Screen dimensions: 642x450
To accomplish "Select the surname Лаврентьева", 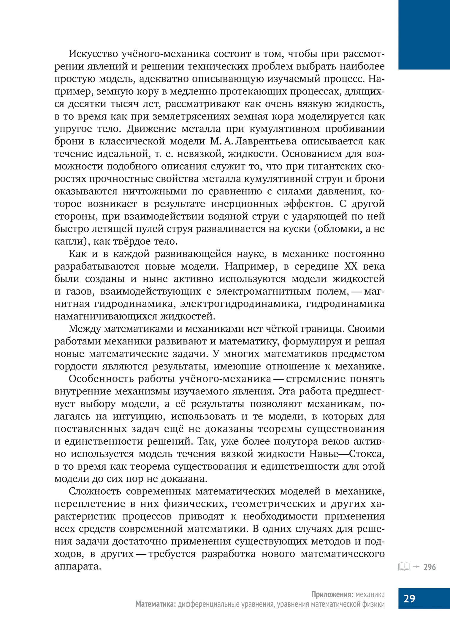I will (265, 141).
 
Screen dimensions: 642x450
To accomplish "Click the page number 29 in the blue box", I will (409, 598).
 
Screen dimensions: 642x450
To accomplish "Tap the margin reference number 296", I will (430, 567).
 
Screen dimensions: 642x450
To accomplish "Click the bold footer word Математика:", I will (155, 604).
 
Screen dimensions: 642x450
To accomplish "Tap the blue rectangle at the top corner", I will (424, 34).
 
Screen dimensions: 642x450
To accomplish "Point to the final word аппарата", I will (78, 567).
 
